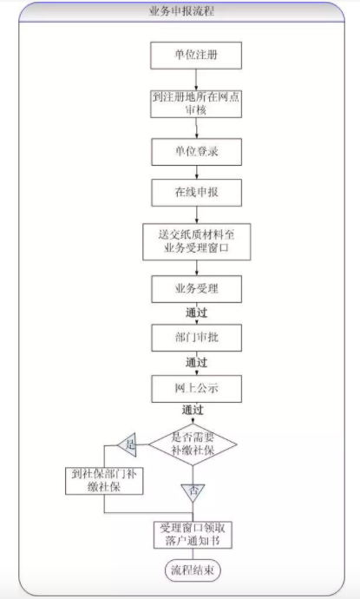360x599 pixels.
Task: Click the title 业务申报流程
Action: pyautogui.click(x=181, y=11)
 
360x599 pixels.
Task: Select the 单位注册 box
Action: pyautogui.click(x=196, y=56)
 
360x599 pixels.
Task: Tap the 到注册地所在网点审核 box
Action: pyautogui.click(x=196, y=104)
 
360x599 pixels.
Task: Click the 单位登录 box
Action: pyautogui.click(x=197, y=152)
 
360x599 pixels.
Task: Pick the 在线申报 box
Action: pyautogui.click(x=197, y=193)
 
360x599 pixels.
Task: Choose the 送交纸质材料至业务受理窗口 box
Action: pyautogui.click(x=197, y=242)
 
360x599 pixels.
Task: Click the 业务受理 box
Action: pyautogui.click(x=197, y=289)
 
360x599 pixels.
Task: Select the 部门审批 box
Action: pyautogui.click(x=197, y=338)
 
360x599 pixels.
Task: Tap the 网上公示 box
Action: pyautogui.click(x=197, y=389)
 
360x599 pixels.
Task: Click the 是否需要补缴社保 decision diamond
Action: pyautogui.click(x=193, y=444)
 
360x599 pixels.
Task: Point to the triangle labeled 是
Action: pyautogui.click(x=128, y=444)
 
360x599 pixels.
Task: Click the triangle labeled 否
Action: pyautogui.click(x=193, y=491)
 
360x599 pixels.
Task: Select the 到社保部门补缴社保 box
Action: pyautogui.click(x=104, y=481)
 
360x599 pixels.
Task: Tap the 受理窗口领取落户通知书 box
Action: pyautogui.click(x=193, y=535)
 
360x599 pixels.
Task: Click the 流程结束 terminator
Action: pyautogui.click(x=193, y=570)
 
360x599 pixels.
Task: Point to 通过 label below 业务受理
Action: pyautogui.click(x=196, y=313)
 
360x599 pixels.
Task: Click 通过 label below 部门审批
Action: pyautogui.click(x=196, y=363)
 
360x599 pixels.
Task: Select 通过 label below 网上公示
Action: pyautogui.click(x=193, y=411)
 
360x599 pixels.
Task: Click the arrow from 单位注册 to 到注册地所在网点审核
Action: pyautogui.click(x=196, y=80)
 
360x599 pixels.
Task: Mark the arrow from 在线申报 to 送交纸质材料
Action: pyautogui.click(x=197, y=214)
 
